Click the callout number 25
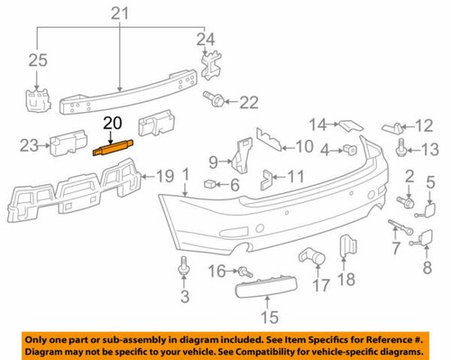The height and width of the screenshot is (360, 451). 36,60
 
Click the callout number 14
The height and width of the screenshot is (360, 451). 318,123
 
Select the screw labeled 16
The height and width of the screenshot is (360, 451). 244,271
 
